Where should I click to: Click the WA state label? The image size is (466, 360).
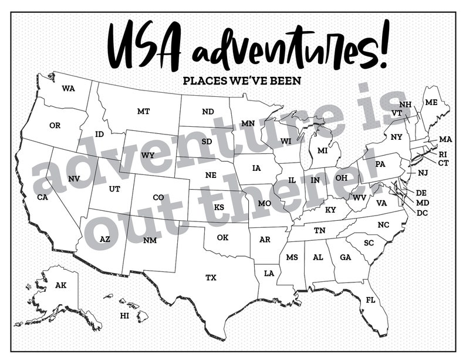pyautogui.click(x=69, y=89)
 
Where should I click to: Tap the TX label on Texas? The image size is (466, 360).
pyautogui.click(x=211, y=277)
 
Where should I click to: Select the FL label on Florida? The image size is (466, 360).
pyautogui.click(x=370, y=300)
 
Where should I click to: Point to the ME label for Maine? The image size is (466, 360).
pyautogui.click(x=431, y=102)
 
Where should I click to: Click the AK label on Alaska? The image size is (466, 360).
pyautogui.click(x=61, y=285)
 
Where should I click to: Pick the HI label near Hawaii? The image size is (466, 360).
pyautogui.click(x=124, y=315)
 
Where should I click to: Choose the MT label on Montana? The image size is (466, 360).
pyautogui.click(x=143, y=111)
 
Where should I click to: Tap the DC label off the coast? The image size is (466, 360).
pyautogui.click(x=422, y=213)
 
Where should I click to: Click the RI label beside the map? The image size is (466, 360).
pyautogui.click(x=443, y=154)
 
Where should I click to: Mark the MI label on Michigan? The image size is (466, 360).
pyautogui.click(x=322, y=151)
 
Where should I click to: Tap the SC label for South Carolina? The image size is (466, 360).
pyautogui.click(x=369, y=243)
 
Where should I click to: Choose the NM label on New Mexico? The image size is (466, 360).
pyautogui.click(x=150, y=240)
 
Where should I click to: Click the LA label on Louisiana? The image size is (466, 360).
pyautogui.click(x=269, y=273)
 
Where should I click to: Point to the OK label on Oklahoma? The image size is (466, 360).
pyautogui.click(x=222, y=237)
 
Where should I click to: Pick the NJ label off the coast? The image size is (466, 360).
pyautogui.click(x=423, y=173)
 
